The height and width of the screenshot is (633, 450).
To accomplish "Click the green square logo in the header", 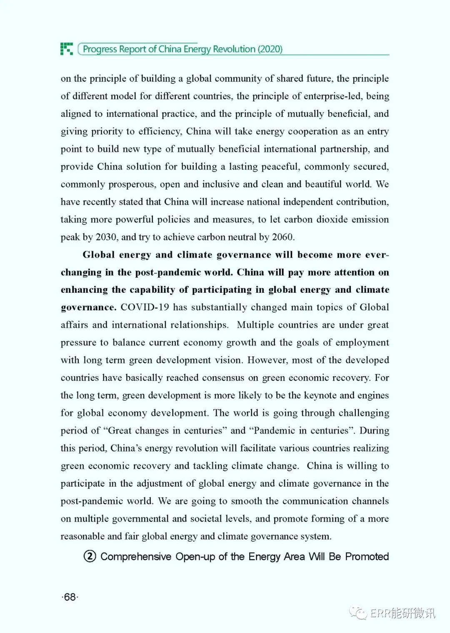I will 67,49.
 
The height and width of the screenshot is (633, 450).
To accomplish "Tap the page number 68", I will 70,597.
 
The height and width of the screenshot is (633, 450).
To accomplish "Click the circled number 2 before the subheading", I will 90,556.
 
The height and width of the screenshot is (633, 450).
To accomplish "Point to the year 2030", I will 106,237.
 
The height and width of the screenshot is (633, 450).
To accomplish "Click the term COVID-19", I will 145,307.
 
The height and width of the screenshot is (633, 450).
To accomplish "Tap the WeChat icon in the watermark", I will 358,613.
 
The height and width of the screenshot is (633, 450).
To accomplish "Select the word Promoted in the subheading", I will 367,557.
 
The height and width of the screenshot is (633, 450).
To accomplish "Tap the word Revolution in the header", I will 234,49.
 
